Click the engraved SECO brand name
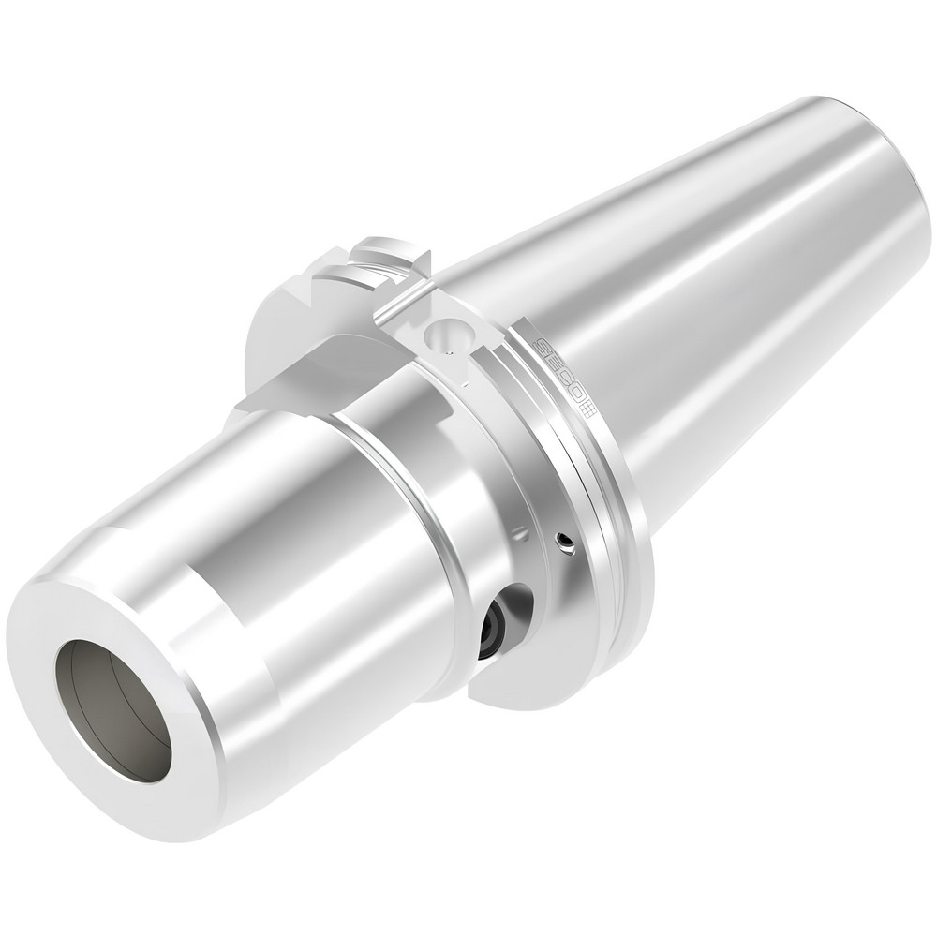[558, 371]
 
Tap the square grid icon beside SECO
[587, 408]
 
